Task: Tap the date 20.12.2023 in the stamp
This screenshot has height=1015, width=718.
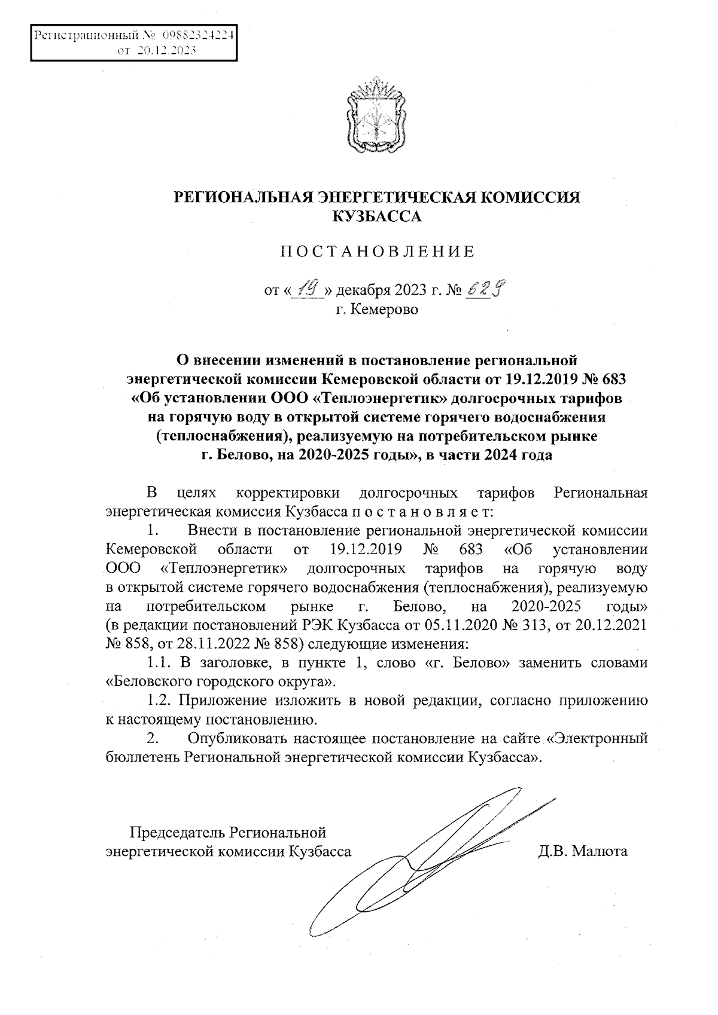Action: coord(166,51)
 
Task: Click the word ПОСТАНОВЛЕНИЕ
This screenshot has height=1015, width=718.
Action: coord(378,252)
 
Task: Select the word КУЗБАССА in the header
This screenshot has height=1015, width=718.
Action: coord(376,216)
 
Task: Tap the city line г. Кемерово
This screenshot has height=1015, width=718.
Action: coord(376,310)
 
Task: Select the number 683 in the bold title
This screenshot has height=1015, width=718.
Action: coord(611,379)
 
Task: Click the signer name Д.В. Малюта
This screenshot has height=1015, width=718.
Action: coord(583,851)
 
